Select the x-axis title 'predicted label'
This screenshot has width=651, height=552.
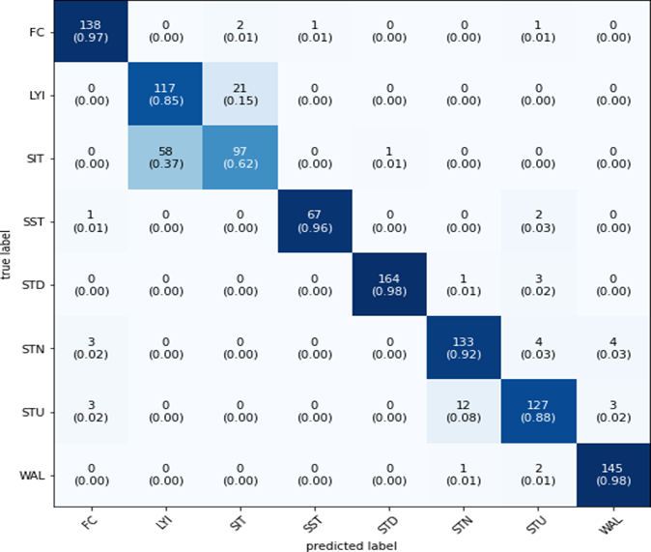pyautogui.click(x=351, y=545)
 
